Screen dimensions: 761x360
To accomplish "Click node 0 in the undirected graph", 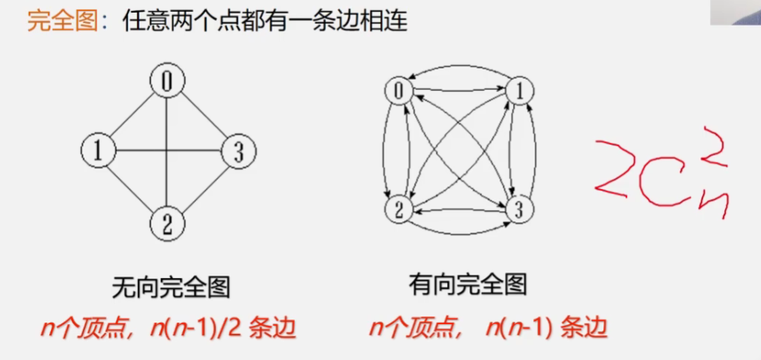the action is click(167, 80).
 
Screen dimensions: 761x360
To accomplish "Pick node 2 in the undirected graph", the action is click(167, 222).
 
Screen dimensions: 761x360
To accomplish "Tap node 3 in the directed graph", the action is click(519, 209).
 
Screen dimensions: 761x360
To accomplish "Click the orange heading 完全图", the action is click(61, 21).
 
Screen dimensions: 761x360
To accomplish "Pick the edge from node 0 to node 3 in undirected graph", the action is click(202, 115).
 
